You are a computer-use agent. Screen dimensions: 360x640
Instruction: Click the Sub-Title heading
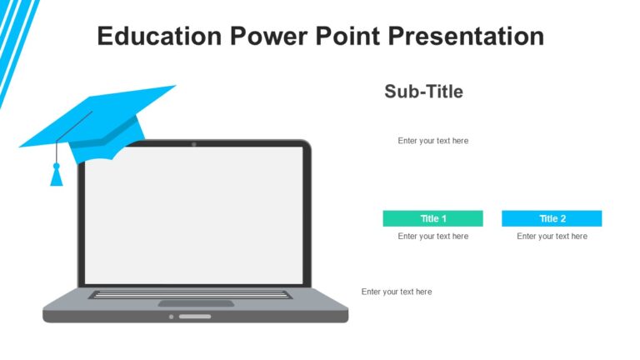pyautogui.click(x=423, y=92)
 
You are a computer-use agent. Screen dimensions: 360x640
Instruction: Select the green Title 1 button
pyautogui.click(x=432, y=218)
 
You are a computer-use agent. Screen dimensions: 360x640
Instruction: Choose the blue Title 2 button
pyautogui.click(x=552, y=218)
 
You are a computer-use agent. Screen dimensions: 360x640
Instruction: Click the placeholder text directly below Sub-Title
pyautogui.click(x=432, y=141)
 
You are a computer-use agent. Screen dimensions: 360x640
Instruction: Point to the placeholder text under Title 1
pyautogui.click(x=432, y=237)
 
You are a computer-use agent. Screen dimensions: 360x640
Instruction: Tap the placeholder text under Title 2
pyautogui.click(x=552, y=237)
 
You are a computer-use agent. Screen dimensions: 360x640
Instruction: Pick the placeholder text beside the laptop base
pyautogui.click(x=397, y=292)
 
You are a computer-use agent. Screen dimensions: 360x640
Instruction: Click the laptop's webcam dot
pyautogui.click(x=194, y=144)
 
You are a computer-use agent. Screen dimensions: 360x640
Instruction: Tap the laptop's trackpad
pyautogui.click(x=196, y=303)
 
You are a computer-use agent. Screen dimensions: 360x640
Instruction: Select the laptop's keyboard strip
pyautogui.click(x=191, y=294)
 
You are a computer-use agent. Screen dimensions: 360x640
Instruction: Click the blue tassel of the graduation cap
pyautogui.click(x=57, y=176)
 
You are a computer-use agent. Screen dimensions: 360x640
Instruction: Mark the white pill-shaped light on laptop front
pyautogui.click(x=195, y=317)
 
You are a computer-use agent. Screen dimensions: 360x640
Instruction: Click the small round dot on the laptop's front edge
pyautogui.click(x=172, y=317)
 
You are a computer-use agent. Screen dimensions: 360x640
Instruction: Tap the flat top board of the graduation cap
pyautogui.click(x=100, y=117)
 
